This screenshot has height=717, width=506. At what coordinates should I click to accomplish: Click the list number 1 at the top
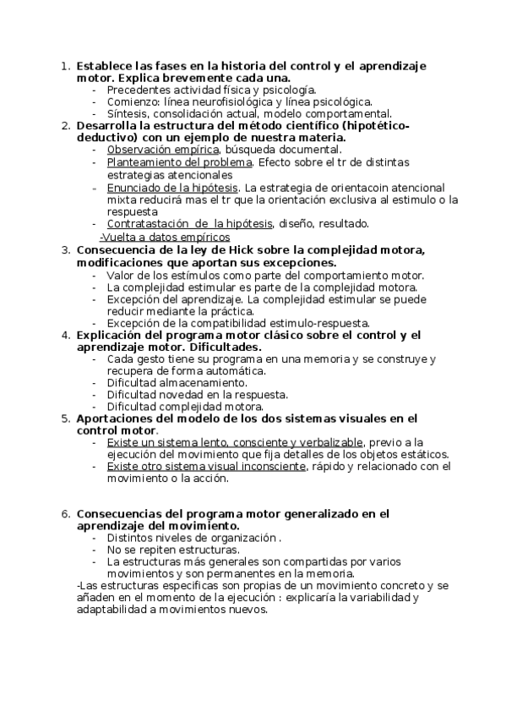65,65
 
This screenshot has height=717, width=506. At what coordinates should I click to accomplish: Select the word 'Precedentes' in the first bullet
138,89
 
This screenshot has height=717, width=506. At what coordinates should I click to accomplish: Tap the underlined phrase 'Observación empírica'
157,150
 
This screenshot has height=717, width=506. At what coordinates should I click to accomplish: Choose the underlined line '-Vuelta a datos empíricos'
164,237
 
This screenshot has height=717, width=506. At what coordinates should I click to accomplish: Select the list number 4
65,335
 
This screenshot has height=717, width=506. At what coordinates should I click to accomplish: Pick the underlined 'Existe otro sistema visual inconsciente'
207,466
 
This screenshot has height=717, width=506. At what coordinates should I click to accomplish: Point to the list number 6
65,513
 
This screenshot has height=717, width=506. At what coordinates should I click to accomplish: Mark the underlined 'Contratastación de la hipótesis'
201,224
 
